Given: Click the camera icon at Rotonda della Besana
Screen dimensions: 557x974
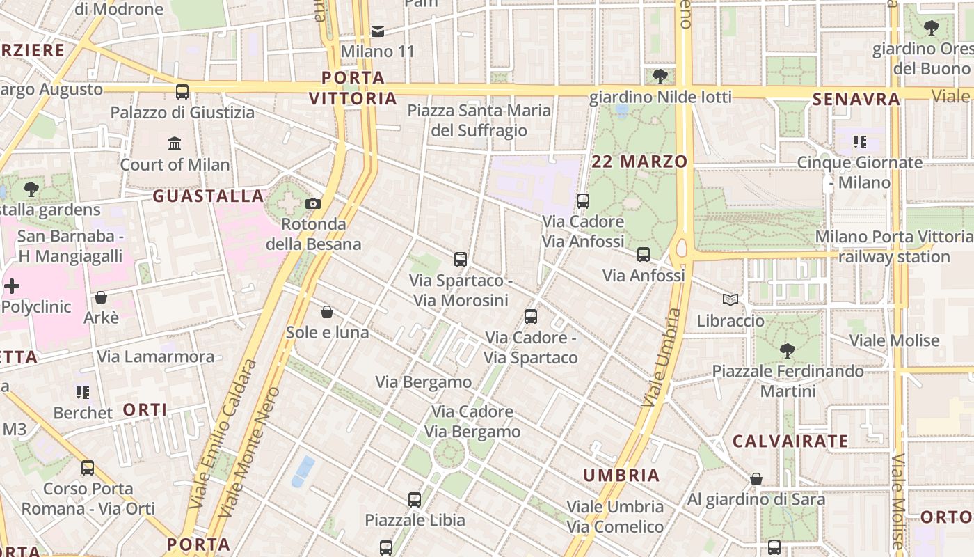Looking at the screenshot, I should pos(313,203).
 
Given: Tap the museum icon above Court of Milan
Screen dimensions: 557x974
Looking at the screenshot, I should pos(175,144).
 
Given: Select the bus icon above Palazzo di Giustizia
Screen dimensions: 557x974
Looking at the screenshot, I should pos(182,92).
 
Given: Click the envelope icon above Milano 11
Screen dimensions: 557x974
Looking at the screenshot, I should pos(378,31).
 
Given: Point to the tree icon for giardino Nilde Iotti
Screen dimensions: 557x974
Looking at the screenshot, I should pos(660,76).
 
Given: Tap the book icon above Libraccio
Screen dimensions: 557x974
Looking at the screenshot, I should pos(730,300).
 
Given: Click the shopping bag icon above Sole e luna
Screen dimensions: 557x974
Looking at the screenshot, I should pos(327,312).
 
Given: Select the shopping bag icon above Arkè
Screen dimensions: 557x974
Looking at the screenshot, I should pos(101,297).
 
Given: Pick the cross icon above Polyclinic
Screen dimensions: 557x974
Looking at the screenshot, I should pos(12,286).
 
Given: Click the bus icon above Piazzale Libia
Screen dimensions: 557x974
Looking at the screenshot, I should pos(415,499).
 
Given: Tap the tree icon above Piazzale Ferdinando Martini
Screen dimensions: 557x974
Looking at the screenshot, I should pos(787,350).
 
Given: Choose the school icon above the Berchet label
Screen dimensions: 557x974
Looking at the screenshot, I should pos(83,393).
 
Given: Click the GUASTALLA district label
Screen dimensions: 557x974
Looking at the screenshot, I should pos(209,196).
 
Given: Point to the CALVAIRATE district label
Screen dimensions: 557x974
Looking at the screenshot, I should pos(790,441).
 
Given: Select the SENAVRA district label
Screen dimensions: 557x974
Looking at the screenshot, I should pos(856,100).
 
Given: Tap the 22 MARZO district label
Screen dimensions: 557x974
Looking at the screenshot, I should pos(639,162).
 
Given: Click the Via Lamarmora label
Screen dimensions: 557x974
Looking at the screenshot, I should pos(156,357).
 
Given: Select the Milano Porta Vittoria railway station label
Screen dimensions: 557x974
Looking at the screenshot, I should pos(894,247).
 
